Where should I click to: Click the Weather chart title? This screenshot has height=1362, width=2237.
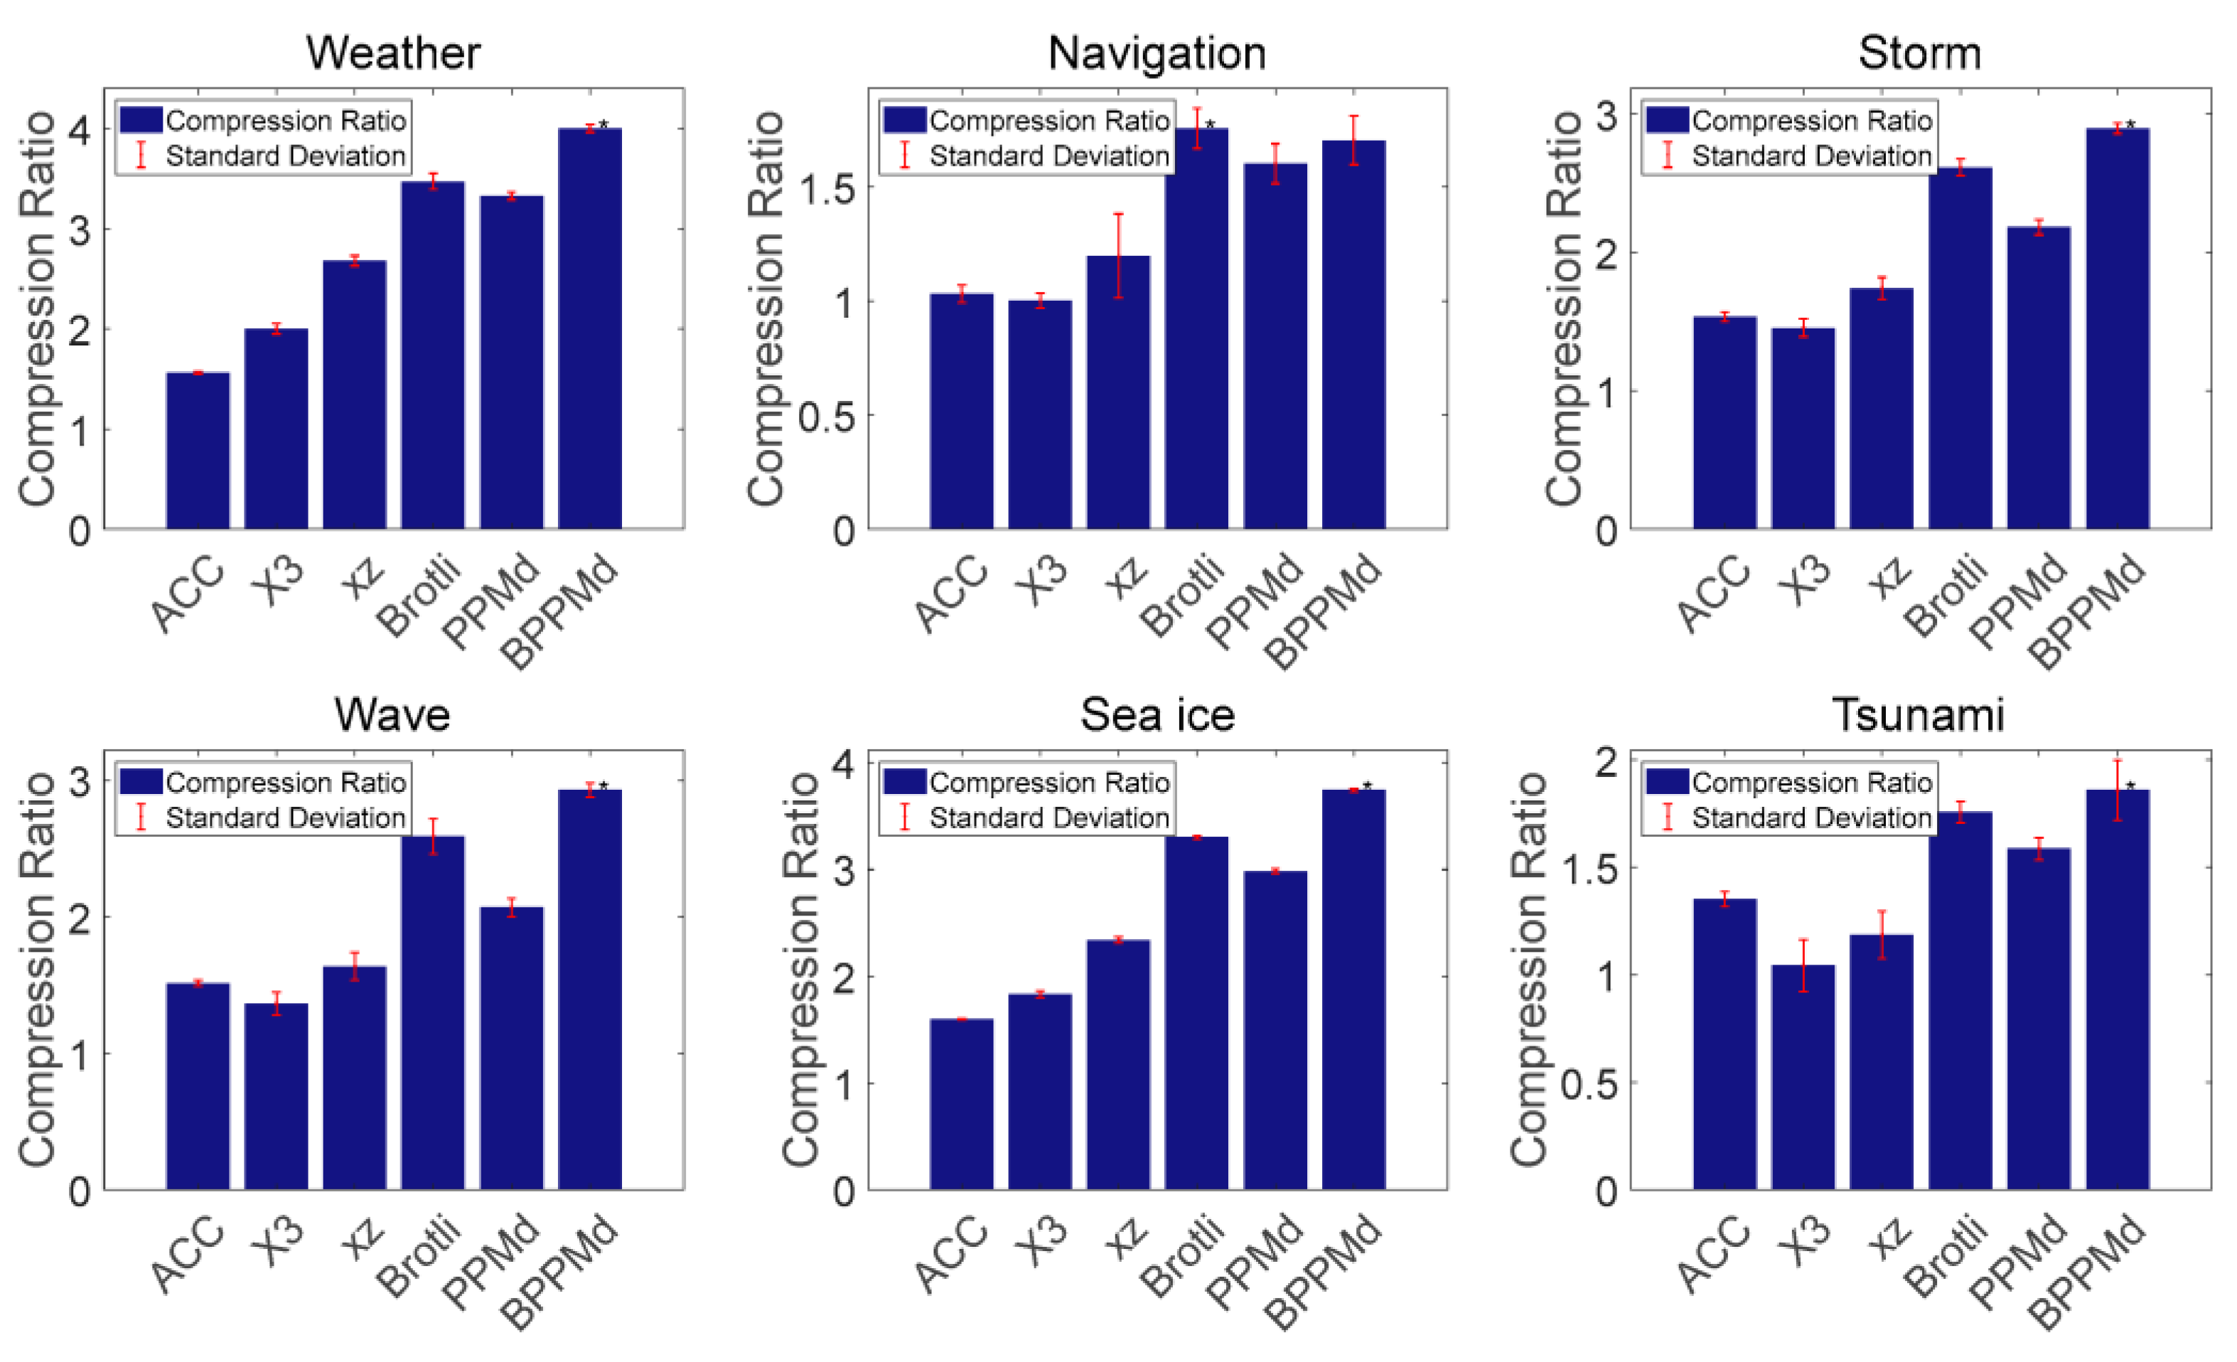(392, 52)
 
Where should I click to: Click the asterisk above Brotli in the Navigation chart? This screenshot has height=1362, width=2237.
(1210, 124)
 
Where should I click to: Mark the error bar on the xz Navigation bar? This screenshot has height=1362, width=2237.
(1119, 256)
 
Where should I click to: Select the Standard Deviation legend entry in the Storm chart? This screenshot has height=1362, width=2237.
(1810, 156)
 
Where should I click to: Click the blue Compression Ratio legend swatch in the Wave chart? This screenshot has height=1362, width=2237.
(141, 782)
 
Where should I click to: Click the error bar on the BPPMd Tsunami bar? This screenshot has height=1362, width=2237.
(2117, 790)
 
